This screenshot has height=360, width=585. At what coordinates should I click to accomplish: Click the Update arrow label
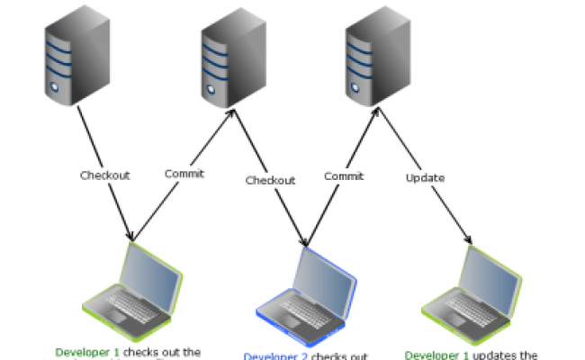pyautogui.click(x=425, y=177)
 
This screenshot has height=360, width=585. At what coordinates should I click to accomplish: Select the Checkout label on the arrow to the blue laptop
pyautogui.click(x=270, y=180)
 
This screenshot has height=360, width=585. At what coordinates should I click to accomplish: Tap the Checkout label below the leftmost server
pyautogui.click(x=104, y=175)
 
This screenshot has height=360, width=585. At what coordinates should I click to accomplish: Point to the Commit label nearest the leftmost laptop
pyautogui.click(x=184, y=174)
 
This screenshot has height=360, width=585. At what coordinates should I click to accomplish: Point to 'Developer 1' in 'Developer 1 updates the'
pyautogui.click(x=436, y=355)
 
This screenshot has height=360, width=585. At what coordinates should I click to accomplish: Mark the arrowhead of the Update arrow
pyautogui.click(x=468, y=241)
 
